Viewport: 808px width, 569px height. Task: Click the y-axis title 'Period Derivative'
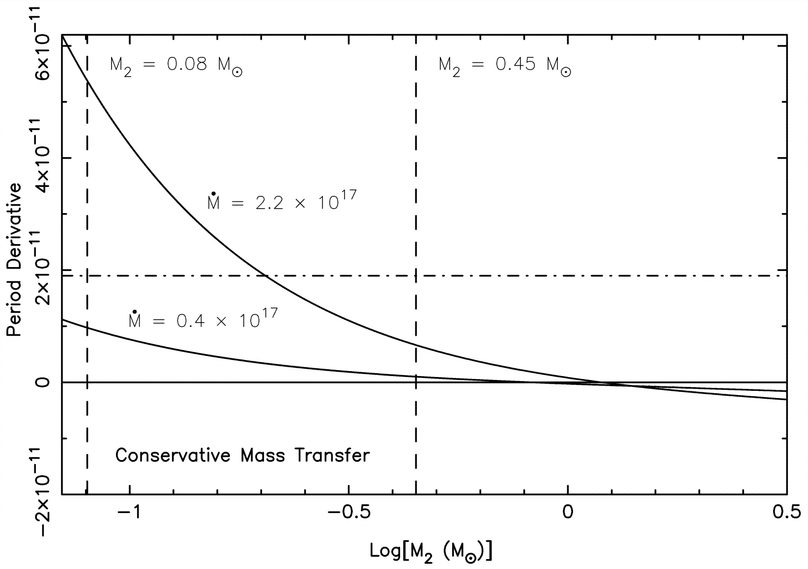[14, 260]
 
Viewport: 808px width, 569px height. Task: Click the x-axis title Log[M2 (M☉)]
[431, 552]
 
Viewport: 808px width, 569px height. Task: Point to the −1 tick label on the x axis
[130, 512]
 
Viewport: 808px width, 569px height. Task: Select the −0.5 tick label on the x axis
[349, 512]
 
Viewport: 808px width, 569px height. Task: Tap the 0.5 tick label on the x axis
[786, 512]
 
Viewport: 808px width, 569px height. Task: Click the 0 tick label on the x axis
[568, 512]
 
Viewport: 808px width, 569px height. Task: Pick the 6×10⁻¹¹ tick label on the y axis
[45, 46]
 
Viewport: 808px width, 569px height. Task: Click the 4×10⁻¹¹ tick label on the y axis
[45, 158]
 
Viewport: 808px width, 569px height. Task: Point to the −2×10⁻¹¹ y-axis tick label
[45, 494]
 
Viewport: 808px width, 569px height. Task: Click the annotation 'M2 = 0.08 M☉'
[176, 67]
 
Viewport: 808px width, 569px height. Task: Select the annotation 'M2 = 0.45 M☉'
[505, 67]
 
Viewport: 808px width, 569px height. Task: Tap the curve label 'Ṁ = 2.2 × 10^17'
[282, 200]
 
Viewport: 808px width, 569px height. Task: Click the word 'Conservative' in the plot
[173, 455]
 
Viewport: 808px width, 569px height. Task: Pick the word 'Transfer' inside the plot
[332, 455]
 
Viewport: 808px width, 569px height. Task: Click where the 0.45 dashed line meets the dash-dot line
[416, 276]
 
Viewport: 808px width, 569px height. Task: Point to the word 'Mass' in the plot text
[262, 455]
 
